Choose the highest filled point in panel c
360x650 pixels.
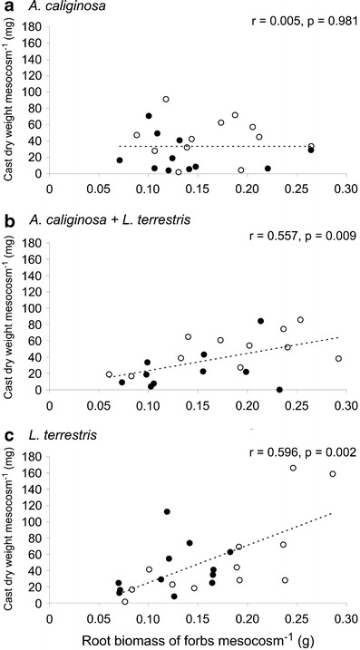coord(167,511)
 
